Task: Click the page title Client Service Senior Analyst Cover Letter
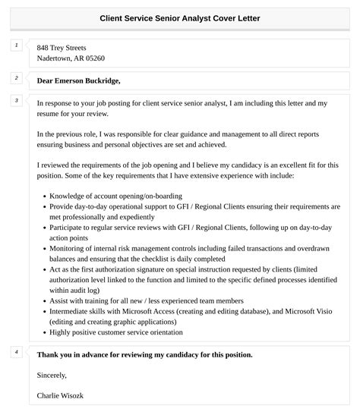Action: coord(180,17)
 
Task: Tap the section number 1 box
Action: coord(16,46)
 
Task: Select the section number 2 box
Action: coord(16,78)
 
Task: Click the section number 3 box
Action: coord(16,100)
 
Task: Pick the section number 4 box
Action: coord(16,352)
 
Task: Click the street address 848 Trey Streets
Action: coord(62,47)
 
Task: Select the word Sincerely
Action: coord(52,375)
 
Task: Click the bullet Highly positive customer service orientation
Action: coord(115,332)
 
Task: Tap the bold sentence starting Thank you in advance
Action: coord(144,354)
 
